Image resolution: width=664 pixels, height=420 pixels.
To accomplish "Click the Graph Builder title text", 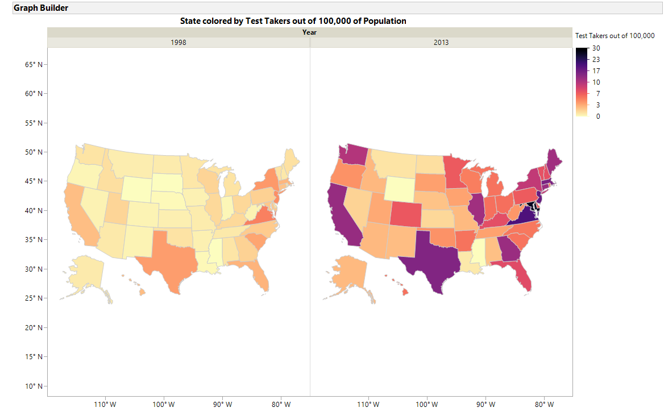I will [41, 9].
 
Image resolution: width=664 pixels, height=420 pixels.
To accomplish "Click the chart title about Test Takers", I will [293, 21].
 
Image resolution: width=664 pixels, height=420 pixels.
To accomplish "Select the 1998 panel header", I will [179, 42].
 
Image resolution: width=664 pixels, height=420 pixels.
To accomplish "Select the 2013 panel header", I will [441, 42].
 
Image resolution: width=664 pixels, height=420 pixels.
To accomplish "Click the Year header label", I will [309, 32].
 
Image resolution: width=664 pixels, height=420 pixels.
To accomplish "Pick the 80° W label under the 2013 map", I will [544, 405].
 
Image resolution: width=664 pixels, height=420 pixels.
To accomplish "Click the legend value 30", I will [596, 48].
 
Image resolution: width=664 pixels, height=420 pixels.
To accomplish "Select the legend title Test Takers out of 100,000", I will [615, 35].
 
